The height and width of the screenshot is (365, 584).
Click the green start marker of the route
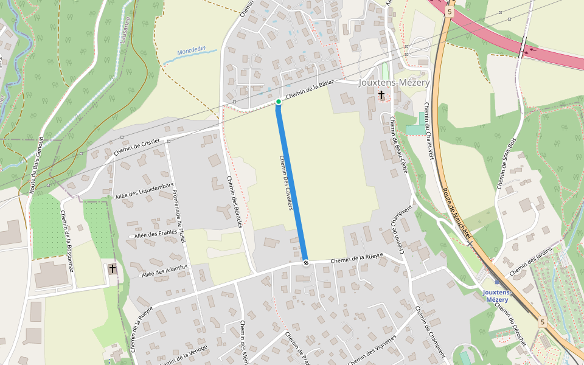[x=278, y=102]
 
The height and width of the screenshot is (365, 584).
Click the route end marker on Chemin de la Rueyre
[x=305, y=263]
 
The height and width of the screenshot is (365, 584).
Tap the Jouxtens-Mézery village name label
[x=394, y=83]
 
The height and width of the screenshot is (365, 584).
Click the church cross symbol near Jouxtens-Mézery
[x=381, y=95]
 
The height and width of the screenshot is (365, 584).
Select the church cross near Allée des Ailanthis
[x=112, y=268]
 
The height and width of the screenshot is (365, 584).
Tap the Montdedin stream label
[x=192, y=52]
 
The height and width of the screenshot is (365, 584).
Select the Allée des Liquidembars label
[x=145, y=191]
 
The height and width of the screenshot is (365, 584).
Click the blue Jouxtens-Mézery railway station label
[x=496, y=296]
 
